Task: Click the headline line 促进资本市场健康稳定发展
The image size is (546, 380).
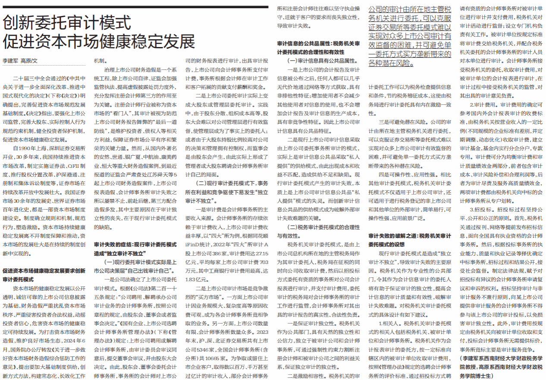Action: point(99,42)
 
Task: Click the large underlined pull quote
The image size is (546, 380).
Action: point(410,36)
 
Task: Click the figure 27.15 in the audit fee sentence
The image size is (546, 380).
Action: point(261,253)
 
